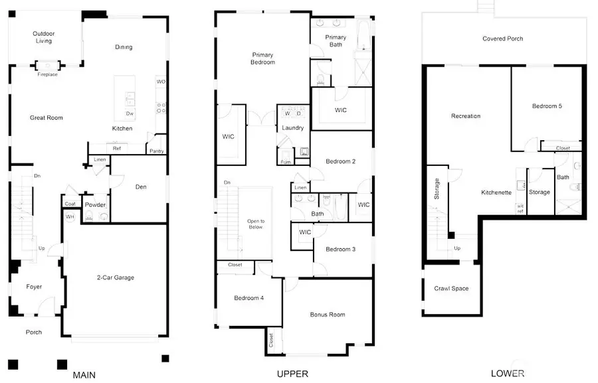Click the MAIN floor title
pos(84,375)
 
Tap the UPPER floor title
pos(292,374)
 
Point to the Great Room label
pos(46,118)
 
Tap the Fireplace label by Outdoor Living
pos(47,74)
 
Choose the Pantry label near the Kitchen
pos(157,151)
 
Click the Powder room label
pos(95,205)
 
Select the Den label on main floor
pos(140,187)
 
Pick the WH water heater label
pos(69,217)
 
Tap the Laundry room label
pos(293,128)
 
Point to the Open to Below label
pos(256,224)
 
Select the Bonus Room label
pos(328,315)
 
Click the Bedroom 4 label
pos(249,298)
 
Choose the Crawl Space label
pos(451,289)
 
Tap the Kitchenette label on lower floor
pos(496,192)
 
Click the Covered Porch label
pos(502,38)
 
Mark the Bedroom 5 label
pos(547,106)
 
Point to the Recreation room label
pos(466,116)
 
